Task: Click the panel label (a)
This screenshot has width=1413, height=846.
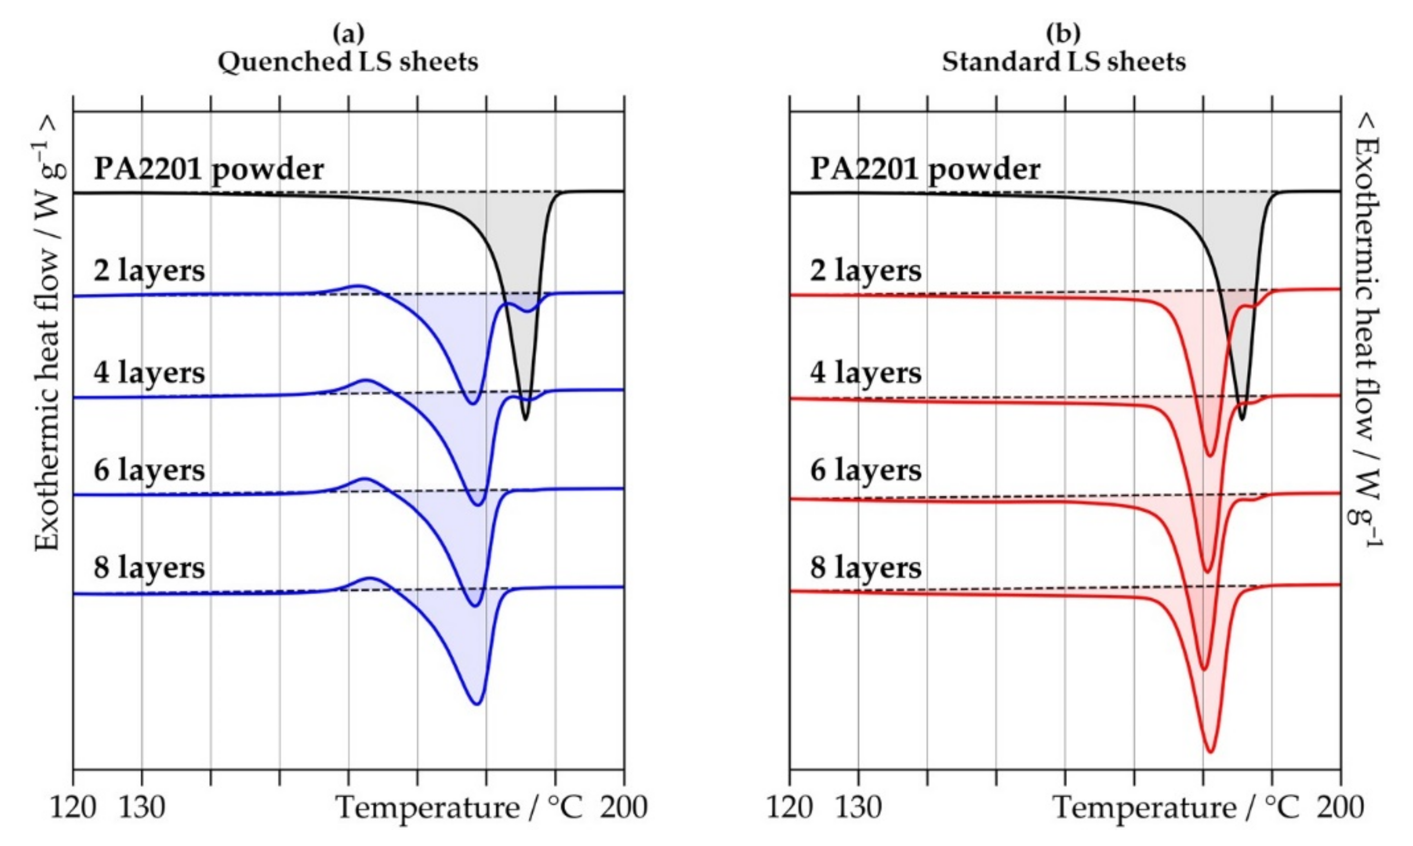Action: [348, 34]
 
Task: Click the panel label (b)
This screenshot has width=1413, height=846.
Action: [1064, 34]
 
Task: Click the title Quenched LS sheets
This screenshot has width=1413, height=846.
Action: [348, 61]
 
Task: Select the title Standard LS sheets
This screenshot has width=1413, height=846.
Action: [1064, 61]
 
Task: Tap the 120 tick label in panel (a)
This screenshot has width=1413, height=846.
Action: [73, 807]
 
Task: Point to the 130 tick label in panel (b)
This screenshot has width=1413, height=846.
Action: [858, 807]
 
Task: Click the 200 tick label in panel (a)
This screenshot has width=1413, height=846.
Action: [624, 807]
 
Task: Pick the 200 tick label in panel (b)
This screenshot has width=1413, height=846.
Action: [1340, 807]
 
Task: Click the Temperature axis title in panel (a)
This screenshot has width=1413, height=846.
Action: [459, 807]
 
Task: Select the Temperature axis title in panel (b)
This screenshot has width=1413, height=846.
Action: [1176, 807]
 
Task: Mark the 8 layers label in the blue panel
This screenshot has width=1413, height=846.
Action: [150, 568]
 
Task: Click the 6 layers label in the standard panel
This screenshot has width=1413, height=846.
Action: [865, 470]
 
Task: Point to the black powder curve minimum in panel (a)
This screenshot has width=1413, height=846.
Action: [525, 420]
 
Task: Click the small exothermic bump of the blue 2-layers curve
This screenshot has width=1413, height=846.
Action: [359, 286]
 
